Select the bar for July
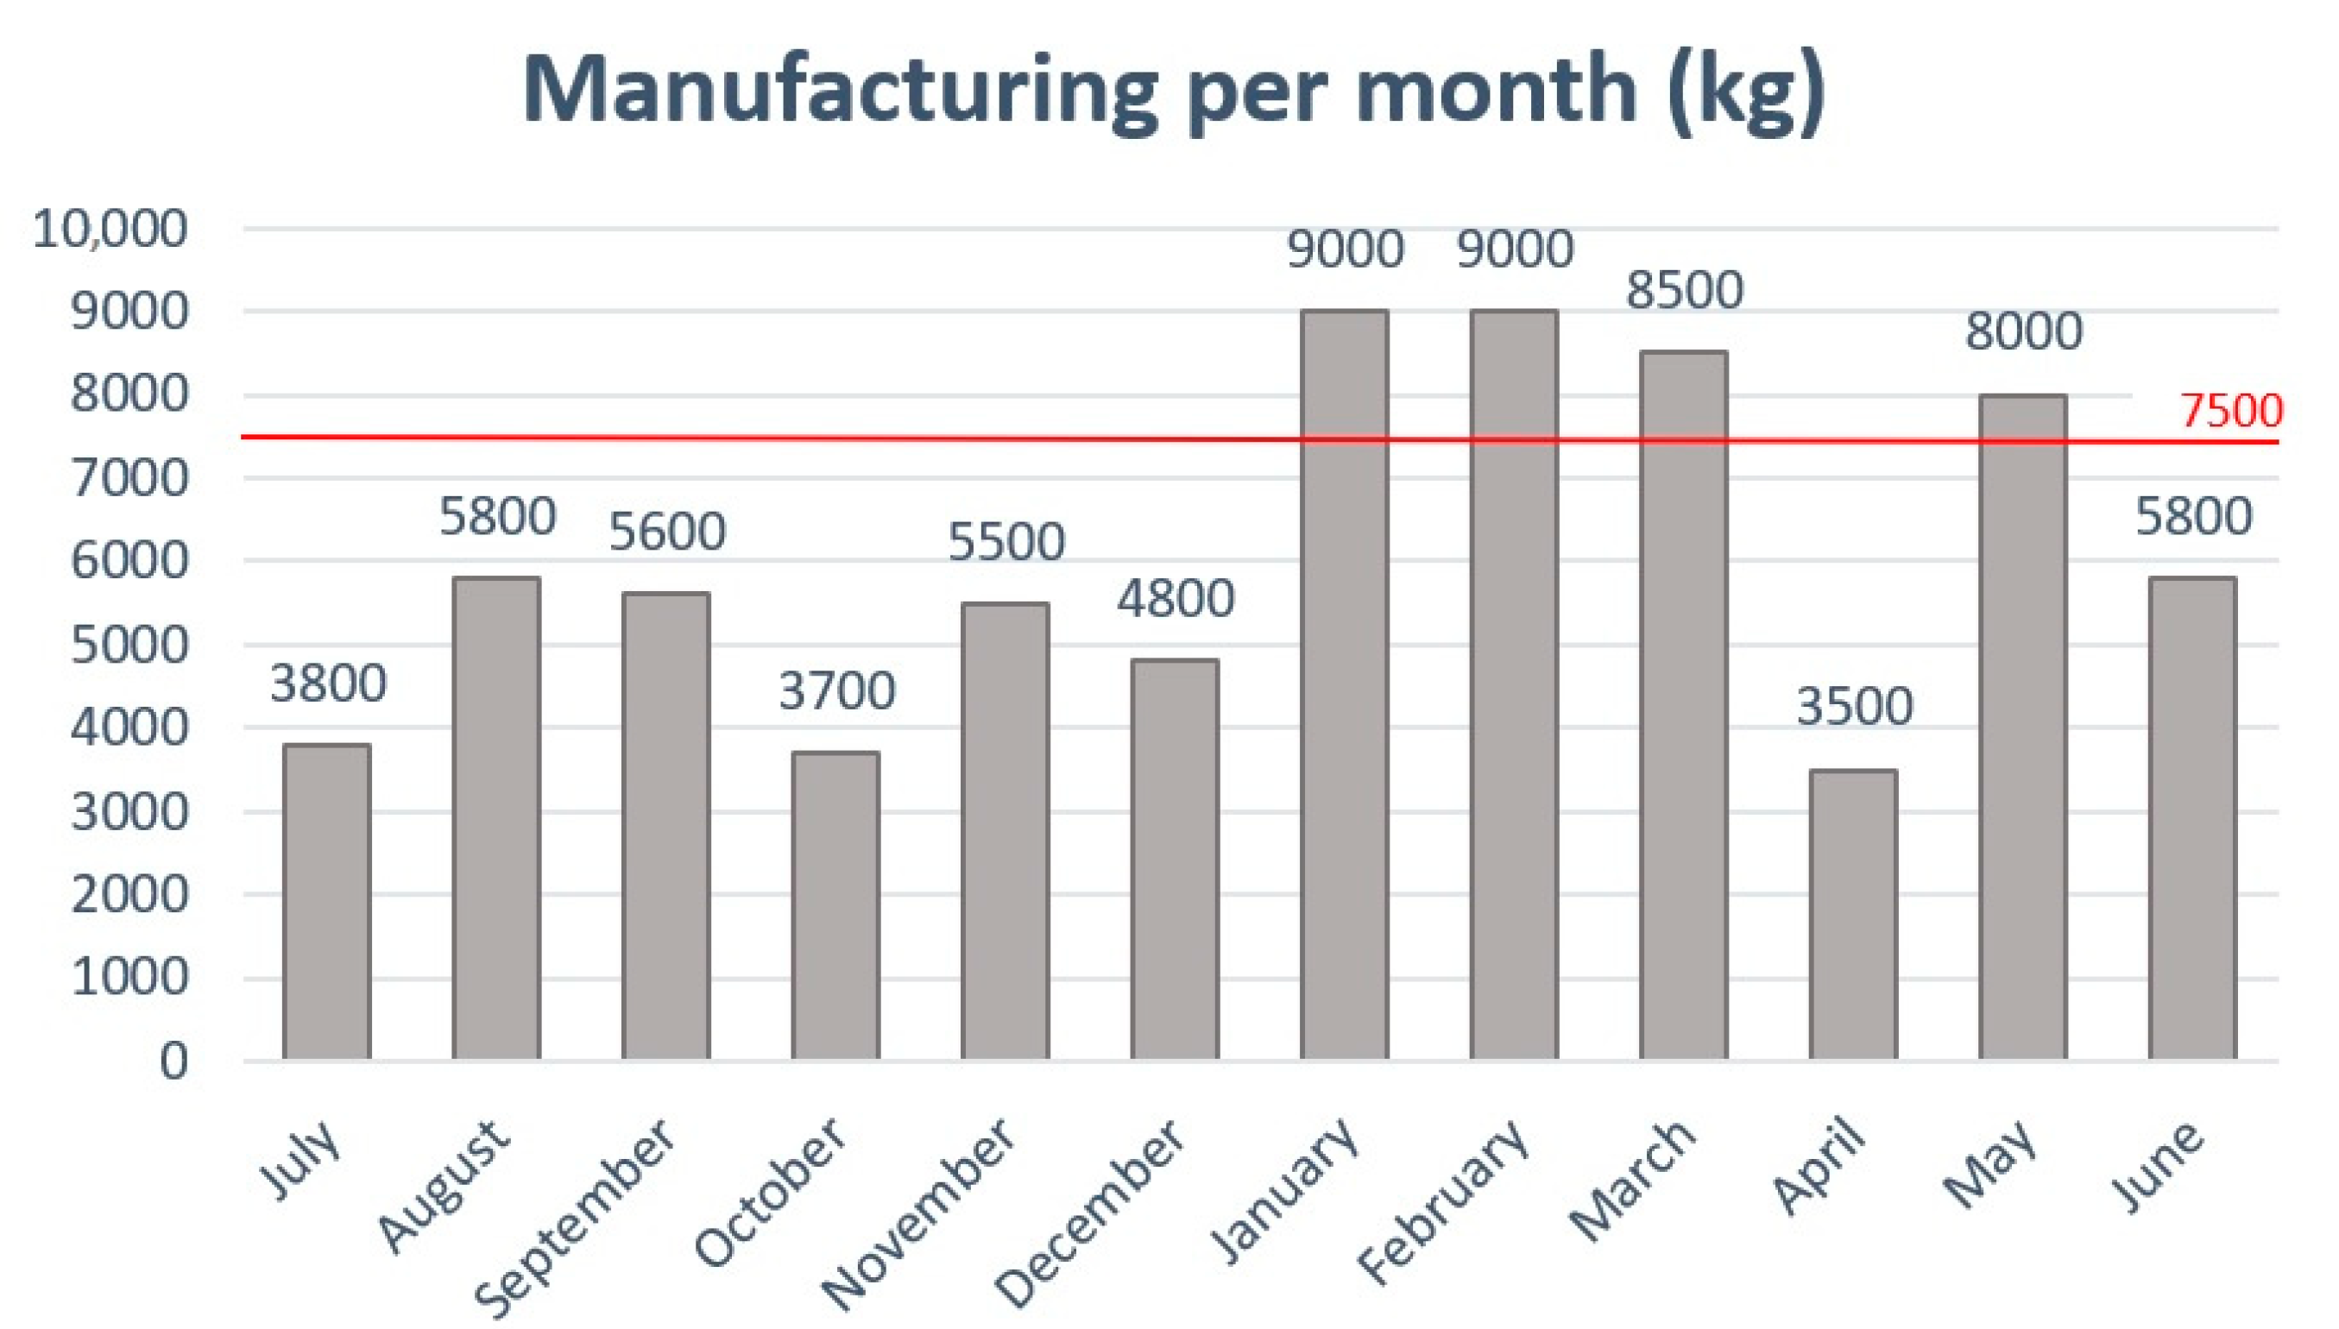(327, 902)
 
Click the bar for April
(1852, 915)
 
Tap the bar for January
(1344, 684)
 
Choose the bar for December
(1175, 859)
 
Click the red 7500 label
(2231, 412)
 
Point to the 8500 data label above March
(1685, 290)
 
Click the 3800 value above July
(328, 683)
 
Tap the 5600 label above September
(667, 532)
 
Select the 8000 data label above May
(2023, 331)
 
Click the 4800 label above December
(1176, 600)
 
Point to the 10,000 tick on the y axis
(110, 229)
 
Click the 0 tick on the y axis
(173, 1061)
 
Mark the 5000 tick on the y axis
(129, 646)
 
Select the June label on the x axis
(2158, 1168)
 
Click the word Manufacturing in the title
(840, 91)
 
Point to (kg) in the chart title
(1744, 91)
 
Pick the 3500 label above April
(1853, 707)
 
